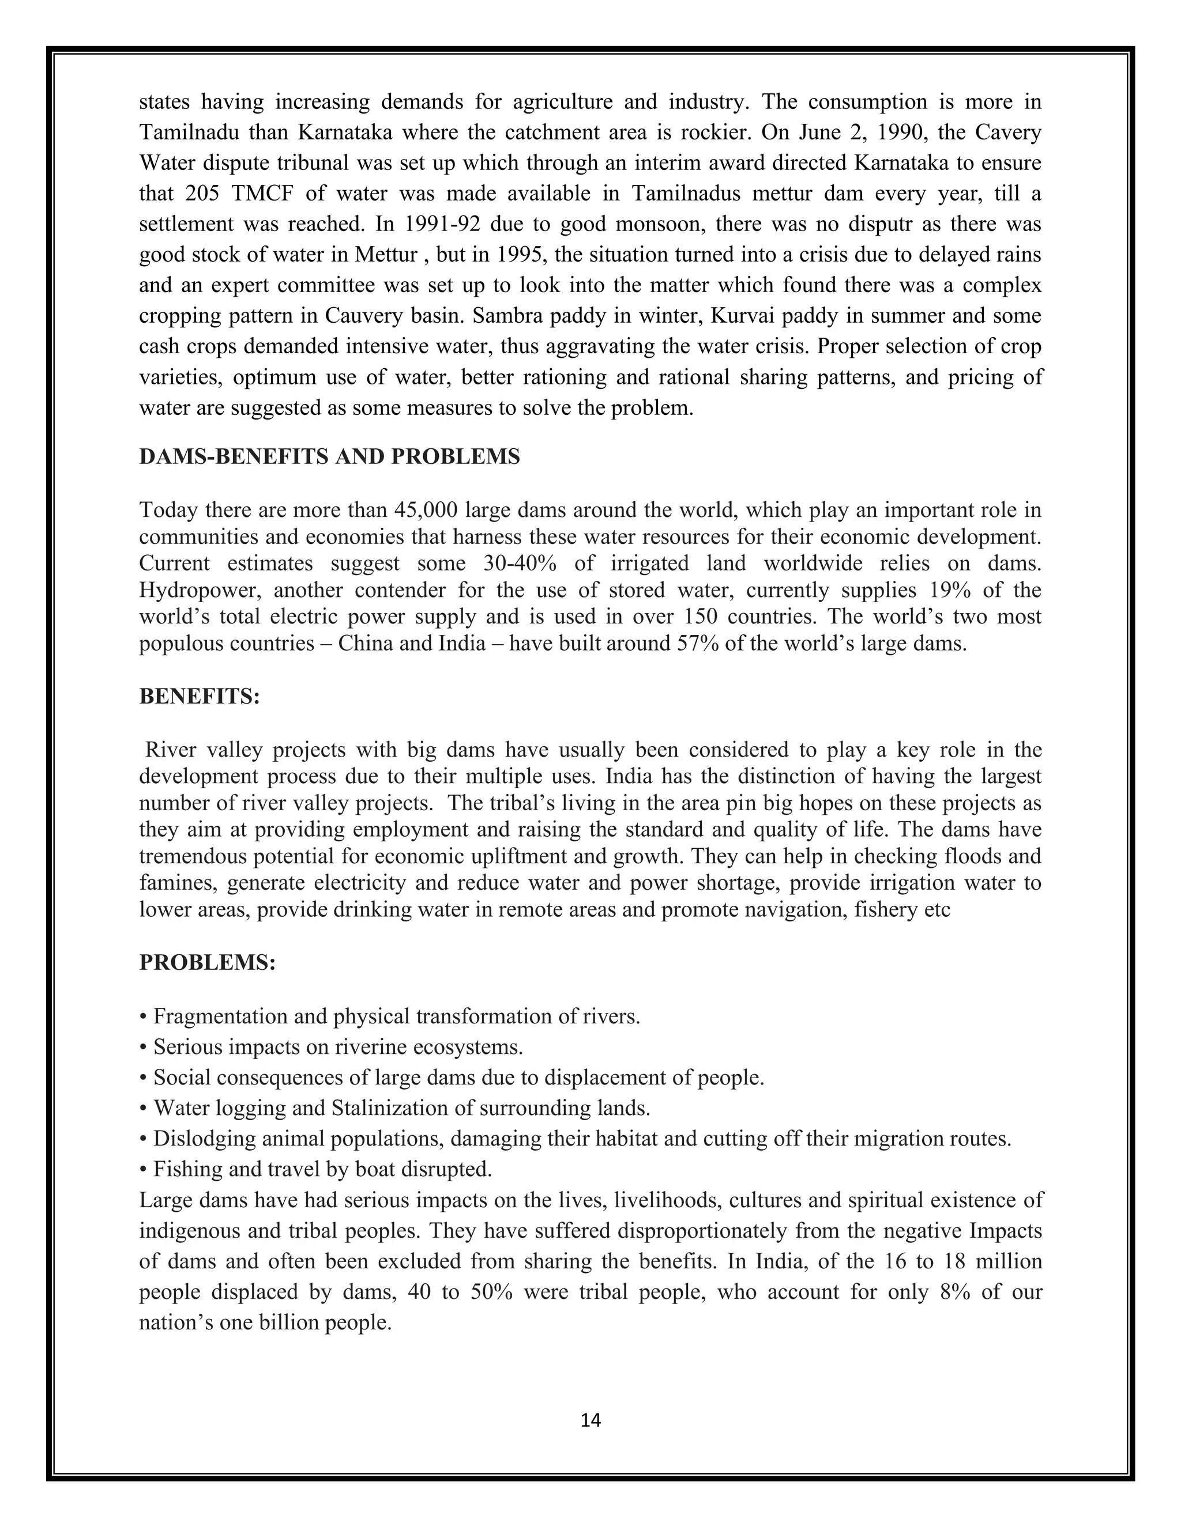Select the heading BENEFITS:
click(x=200, y=697)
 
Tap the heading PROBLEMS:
click(x=208, y=962)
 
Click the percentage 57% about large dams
click(x=699, y=642)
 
